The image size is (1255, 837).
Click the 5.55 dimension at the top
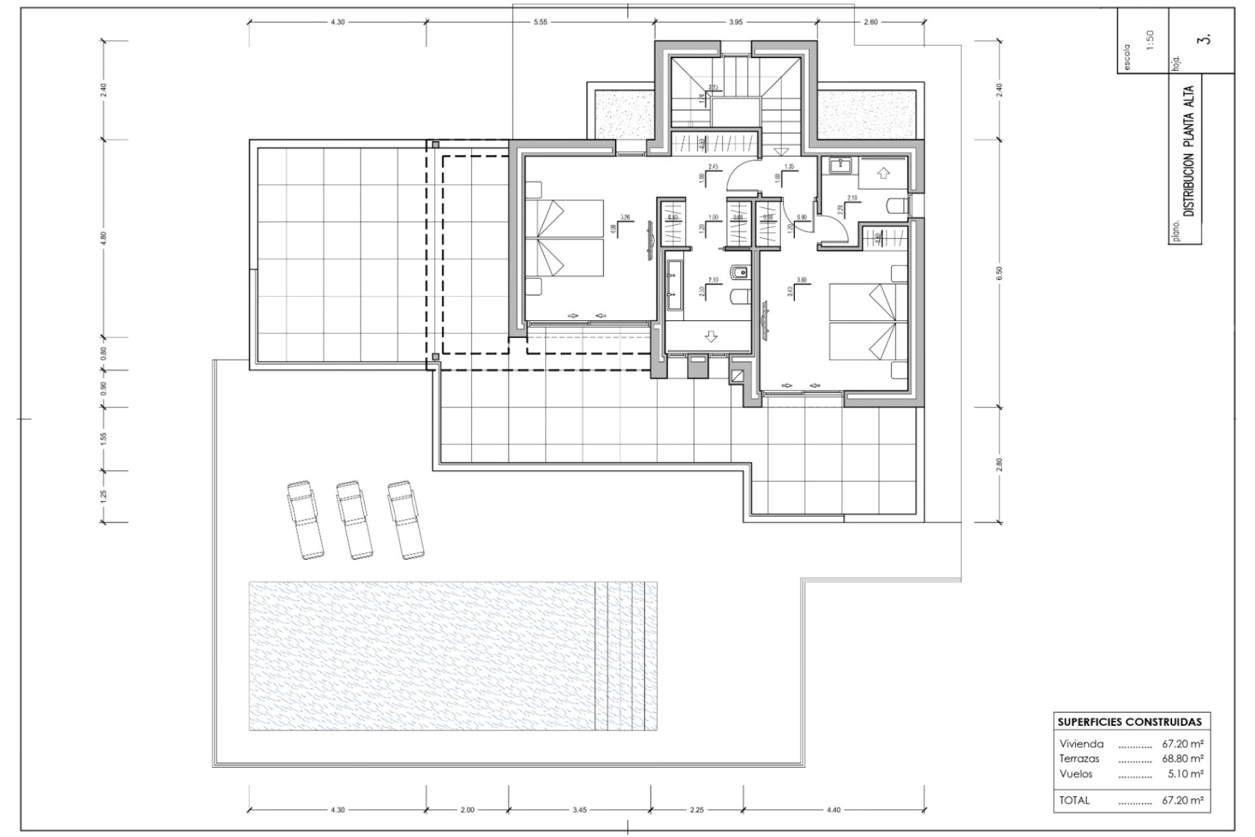[540, 22]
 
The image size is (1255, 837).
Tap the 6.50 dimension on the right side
[999, 274]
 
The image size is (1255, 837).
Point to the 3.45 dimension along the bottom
[579, 810]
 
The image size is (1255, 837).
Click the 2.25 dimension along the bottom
[697, 810]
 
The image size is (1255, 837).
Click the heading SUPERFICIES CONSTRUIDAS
[1129, 723]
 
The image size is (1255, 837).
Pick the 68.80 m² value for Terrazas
[1182, 759]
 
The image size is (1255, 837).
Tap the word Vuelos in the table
[1076, 774]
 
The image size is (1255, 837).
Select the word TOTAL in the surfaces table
[1075, 800]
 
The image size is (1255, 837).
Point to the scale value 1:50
[1150, 40]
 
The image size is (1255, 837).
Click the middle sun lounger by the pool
[354, 520]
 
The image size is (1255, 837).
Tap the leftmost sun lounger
[305, 520]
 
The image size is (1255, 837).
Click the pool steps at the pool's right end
[626, 656]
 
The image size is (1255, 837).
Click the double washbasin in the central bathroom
[674, 284]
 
